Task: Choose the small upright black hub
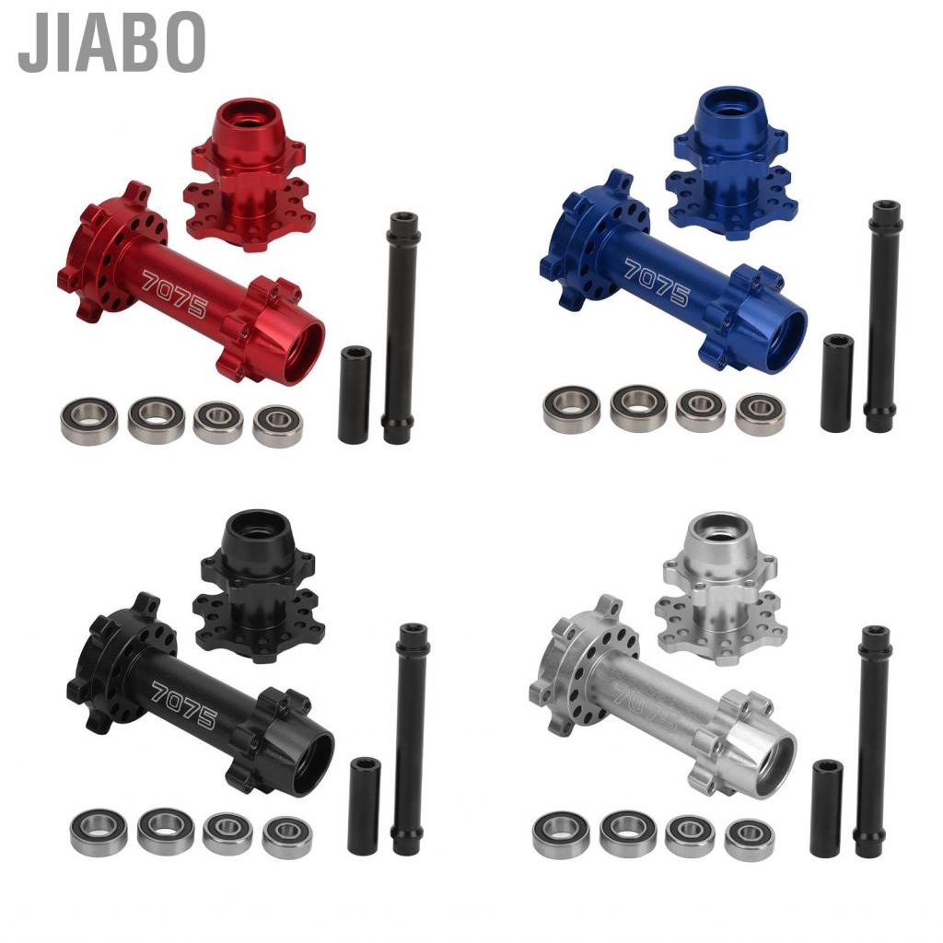255,585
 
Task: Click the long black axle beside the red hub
401,328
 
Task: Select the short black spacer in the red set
355,394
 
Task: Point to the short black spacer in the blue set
837,382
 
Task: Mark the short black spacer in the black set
364,805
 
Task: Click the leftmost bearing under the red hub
88,420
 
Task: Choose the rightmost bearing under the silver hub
749,839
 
